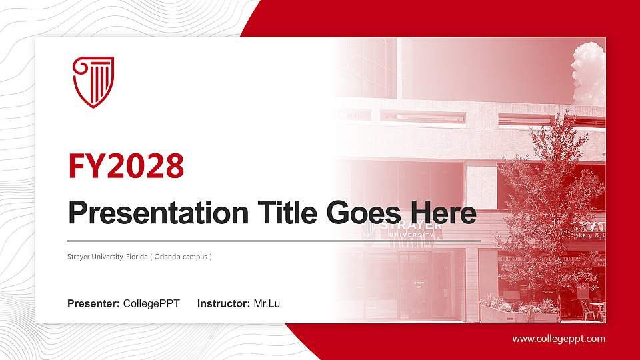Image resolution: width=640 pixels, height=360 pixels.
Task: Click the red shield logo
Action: point(93,82)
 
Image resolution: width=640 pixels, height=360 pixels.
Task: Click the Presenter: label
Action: point(93,304)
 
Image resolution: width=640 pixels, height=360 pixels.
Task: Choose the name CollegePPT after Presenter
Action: point(151,304)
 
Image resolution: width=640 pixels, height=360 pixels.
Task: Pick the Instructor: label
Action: point(224,304)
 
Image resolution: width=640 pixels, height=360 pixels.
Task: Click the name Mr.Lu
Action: point(267,304)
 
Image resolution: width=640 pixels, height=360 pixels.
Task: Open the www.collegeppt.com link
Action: point(559,339)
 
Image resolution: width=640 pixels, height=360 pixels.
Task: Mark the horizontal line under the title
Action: point(273,240)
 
